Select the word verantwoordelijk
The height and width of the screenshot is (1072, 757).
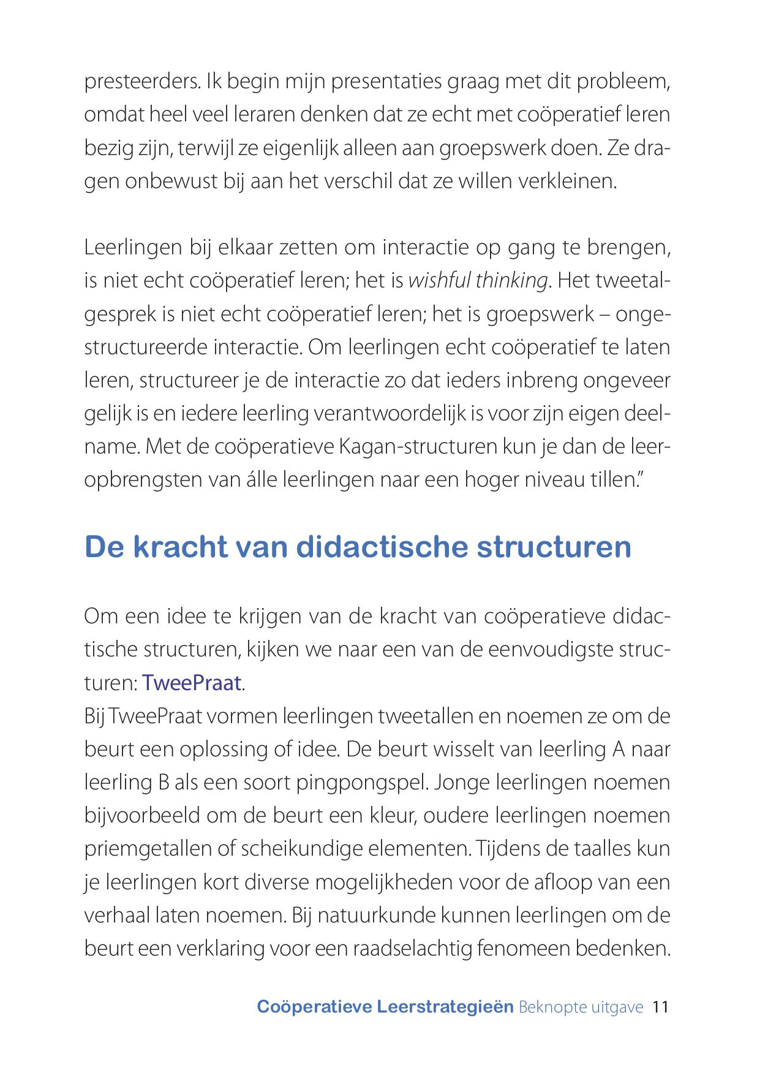coord(390,414)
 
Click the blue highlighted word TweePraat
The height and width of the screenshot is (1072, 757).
coord(191,683)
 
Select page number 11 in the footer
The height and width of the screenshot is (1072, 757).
coord(660,1007)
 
